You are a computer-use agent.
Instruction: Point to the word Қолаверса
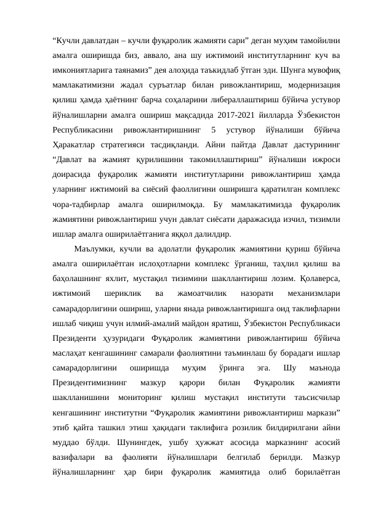coord(294,259)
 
